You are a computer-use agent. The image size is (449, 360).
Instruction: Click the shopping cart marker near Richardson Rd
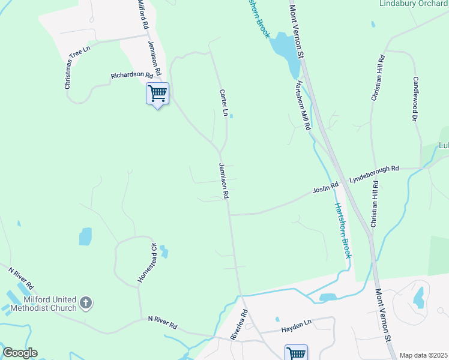click(x=157, y=94)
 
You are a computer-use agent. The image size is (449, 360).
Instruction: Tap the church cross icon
click(x=86, y=303)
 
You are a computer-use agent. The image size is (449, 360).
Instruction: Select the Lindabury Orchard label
click(x=414, y=4)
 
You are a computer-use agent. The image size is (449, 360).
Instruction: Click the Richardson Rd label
click(x=131, y=76)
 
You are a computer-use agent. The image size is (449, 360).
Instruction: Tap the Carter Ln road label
click(x=224, y=103)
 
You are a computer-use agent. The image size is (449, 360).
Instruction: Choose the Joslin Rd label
click(x=325, y=190)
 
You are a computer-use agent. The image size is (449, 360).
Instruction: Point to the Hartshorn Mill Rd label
click(x=301, y=104)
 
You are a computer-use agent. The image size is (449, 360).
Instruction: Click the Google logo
click(x=20, y=352)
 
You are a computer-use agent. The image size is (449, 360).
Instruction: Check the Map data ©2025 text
click(x=423, y=355)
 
